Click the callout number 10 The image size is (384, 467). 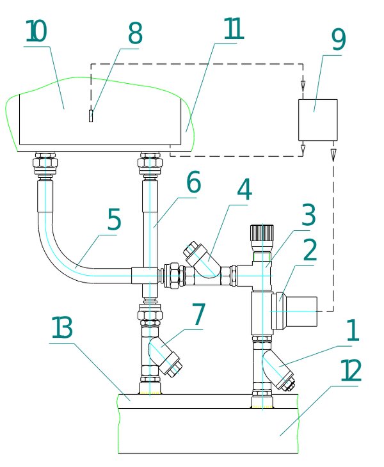(36, 31)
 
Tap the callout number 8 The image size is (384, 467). (135, 34)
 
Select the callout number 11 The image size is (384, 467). (234, 29)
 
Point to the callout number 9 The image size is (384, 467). (339, 40)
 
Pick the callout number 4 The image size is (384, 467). (244, 190)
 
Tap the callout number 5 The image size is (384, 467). (114, 219)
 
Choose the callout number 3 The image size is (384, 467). (308, 215)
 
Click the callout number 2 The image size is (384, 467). (310, 250)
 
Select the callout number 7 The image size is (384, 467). (198, 314)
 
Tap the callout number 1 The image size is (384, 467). (353, 330)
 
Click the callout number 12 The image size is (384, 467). (351, 370)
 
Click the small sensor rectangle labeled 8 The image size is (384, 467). (91, 116)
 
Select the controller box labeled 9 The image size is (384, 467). (318, 120)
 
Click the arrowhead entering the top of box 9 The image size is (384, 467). (303, 86)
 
